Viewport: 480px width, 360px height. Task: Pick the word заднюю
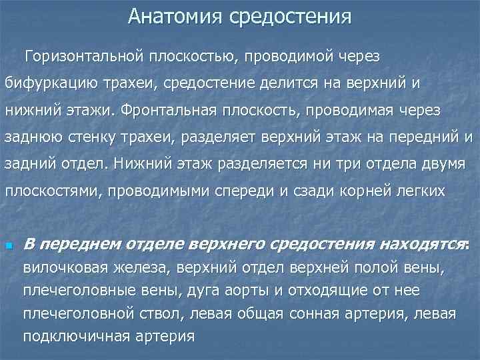[31, 136]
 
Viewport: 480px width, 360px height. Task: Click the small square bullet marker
[8, 245]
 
